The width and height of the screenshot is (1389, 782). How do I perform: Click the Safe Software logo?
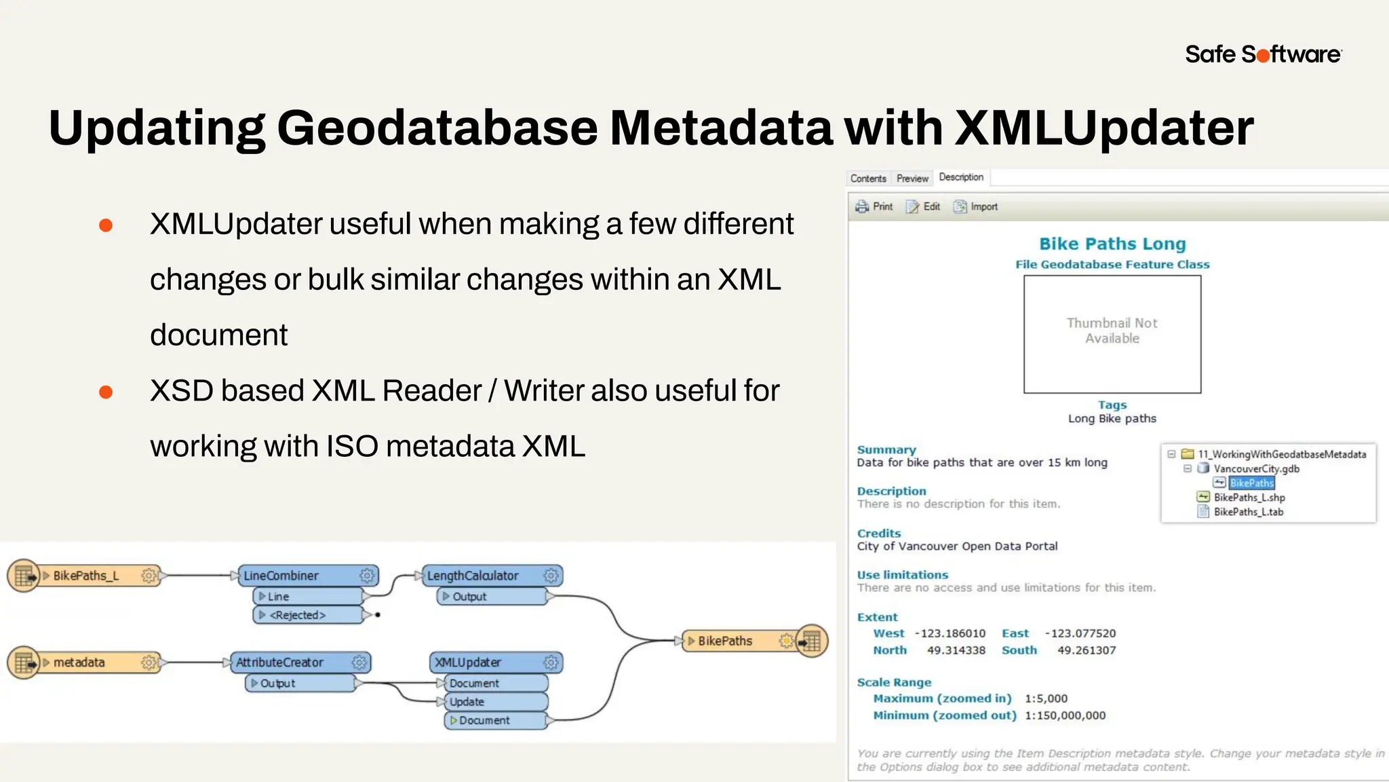(x=1263, y=54)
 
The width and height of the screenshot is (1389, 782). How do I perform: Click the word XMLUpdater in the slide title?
(x=1103, y=128)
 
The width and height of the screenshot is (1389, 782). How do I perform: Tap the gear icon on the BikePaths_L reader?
(x=149, y=576)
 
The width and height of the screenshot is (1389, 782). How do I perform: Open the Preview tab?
(x=912, y=179)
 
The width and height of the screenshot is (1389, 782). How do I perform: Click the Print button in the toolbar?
(x=874, y=206)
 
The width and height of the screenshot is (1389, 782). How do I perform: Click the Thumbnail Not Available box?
(x=1112, y=333)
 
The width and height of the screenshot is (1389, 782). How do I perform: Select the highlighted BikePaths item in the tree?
(x=1251, y=483)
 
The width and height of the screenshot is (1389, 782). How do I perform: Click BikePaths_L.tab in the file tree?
(x=1248, y=512)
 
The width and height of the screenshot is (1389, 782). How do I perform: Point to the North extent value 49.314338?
(x=956, y=650)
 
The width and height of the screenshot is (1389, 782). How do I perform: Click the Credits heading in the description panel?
(x=879, y=534)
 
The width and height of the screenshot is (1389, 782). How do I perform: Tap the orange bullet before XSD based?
(x=106, y=392)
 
